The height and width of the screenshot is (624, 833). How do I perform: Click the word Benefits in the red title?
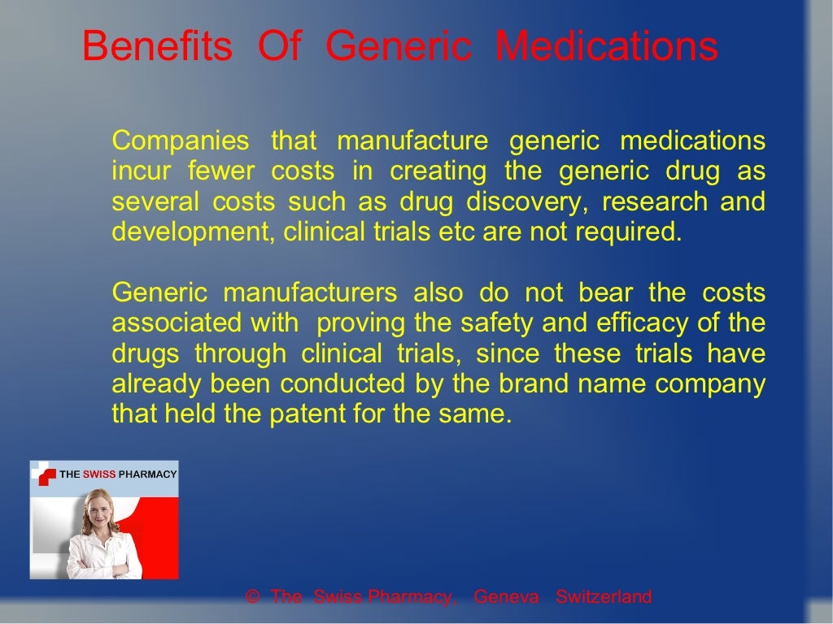pos(157,46)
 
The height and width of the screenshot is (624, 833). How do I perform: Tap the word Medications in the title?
pos(607,46)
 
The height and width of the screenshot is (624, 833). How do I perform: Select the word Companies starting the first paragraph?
pos(181,141)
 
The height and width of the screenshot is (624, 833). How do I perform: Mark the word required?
pos(631,232)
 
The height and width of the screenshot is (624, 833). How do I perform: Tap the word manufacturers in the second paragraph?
pos(310,292)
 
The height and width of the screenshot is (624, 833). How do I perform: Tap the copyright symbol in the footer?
pos(252,597)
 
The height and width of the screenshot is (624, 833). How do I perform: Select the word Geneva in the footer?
pos(506,597)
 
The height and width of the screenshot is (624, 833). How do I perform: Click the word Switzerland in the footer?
pos(604,597)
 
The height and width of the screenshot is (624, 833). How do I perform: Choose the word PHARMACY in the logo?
pos(146,474)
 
